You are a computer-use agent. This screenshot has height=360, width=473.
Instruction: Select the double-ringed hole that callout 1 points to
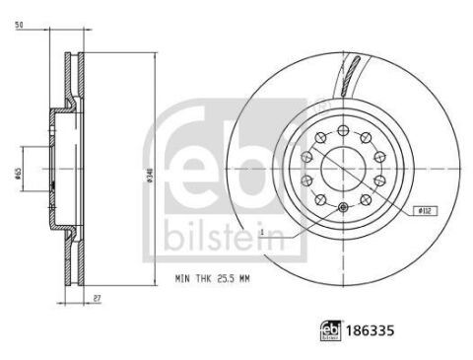click(342, 207)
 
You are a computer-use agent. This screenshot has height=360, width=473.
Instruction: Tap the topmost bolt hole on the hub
click(342, 126)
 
